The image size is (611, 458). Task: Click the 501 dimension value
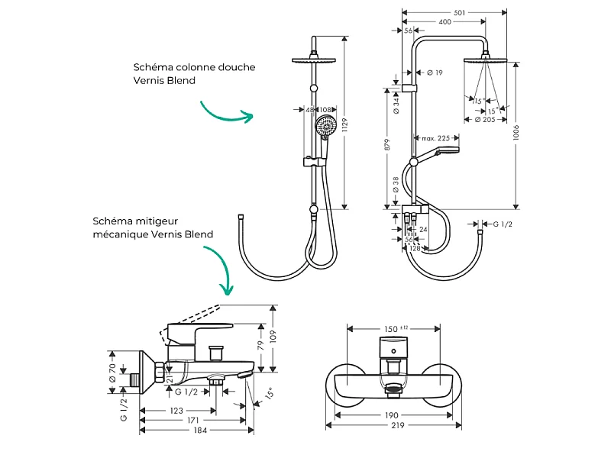coord(460,12)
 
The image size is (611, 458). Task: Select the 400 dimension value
coord(445,22)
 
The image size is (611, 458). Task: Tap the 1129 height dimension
coord(344,125)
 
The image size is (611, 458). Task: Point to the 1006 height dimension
coord(516,132)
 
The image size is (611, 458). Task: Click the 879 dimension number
coord(387,144)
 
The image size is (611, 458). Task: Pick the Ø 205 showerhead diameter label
coord(485,120)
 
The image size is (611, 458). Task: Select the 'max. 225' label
coord(435,138)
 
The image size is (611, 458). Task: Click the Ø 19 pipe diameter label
coord(435,73)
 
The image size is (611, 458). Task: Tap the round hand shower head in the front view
coord(325,125)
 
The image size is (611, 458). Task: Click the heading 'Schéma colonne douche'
coord(194,67)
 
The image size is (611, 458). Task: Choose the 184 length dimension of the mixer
coord(200,430)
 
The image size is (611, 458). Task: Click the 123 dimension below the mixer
coord(176,411)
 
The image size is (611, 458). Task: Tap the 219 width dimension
coord(397,425)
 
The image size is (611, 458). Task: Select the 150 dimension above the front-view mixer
coord(391,329)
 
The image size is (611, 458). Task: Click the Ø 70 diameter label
coord(112,373)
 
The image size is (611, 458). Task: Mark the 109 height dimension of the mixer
coord(273,337)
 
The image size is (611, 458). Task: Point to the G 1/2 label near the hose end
coord(503,224)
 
